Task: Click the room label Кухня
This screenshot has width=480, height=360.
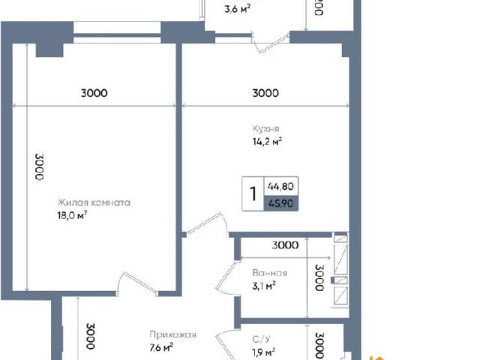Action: (x=266, y=127)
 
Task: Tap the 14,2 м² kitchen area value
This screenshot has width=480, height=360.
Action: (x=267, y=140)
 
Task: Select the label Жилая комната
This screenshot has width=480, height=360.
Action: (x=95, y=202)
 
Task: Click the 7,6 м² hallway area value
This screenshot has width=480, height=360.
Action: (x=161, y=347)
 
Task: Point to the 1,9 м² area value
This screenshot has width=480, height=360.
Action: (x=262, y=352)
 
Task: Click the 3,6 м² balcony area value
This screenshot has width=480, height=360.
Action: (x=237, y=10)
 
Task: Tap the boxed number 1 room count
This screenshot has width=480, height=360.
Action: (x=253, y=193)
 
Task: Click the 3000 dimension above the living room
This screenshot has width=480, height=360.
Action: (x=94, y=94)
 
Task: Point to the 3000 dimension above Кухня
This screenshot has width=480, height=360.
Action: (x=265, y=94)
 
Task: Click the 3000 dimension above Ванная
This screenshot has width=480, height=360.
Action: (x=285, y=245)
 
